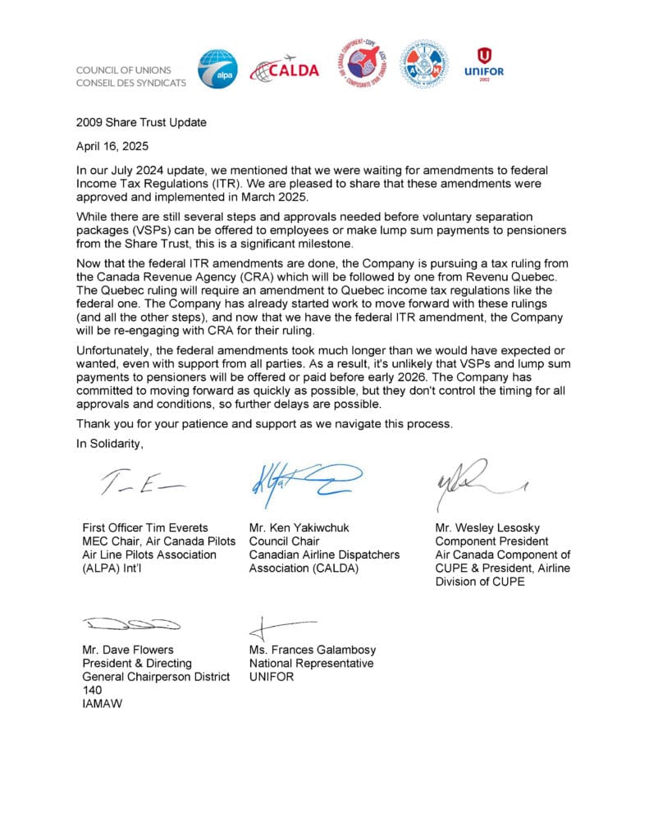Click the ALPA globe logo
pos(217,70)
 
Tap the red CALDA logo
pos(284,70)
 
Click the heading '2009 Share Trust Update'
pos(141,123)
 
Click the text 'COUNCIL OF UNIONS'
pos(130,70)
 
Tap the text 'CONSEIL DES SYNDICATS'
pos(130,82)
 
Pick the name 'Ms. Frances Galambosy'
pos(313,651)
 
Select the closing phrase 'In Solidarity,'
pos(110,445)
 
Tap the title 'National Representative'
pos(311,664)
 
